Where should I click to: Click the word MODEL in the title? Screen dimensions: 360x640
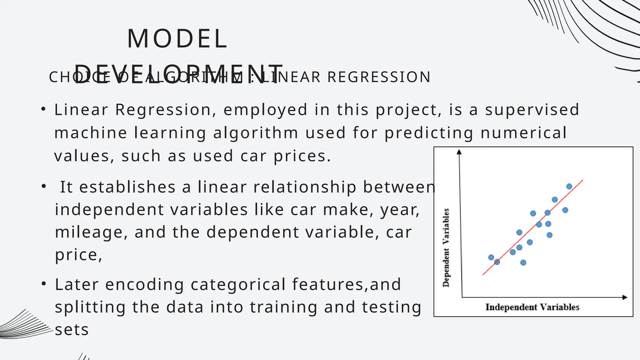coord(177,39)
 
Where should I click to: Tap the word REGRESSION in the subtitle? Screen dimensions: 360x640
coord(379,77)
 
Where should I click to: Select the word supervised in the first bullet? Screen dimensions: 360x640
coord(532,110)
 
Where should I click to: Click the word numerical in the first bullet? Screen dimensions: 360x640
coord(523,133)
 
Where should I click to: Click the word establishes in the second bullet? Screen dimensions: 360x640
coord(127,187)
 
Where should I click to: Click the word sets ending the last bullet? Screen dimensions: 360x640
coord(72,330)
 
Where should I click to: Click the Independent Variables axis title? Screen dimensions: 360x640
coord(532,307)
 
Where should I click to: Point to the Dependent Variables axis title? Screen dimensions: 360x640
coord(446,247)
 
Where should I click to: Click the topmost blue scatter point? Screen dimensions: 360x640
coord(569,187)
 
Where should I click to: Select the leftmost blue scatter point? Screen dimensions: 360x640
coord(491,257)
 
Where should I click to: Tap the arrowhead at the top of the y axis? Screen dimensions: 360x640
coord(459,152)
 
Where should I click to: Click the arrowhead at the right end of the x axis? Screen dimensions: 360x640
coord(625,297)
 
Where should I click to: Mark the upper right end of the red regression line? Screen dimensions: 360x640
coord(582,181)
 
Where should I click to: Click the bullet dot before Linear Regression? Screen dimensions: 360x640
coord(43,109)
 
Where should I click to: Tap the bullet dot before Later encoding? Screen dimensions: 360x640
coord(44,284)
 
